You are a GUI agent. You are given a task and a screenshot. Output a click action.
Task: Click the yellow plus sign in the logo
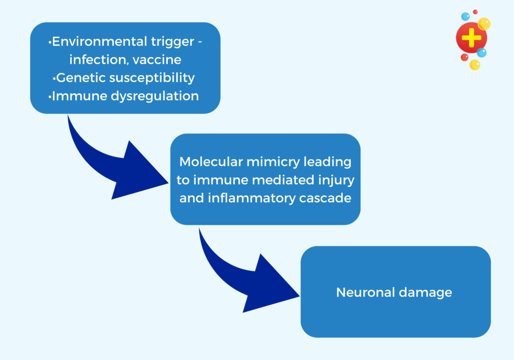(471, 39)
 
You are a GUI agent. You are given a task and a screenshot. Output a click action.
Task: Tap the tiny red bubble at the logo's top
(475, 12)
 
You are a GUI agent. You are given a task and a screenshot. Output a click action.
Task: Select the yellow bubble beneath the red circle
(474, 65)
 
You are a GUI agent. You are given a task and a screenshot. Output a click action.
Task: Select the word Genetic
(79, 78)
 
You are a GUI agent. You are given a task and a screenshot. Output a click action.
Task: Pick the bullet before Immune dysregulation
(50, 96)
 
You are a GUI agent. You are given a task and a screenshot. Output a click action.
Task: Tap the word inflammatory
(248, 197)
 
